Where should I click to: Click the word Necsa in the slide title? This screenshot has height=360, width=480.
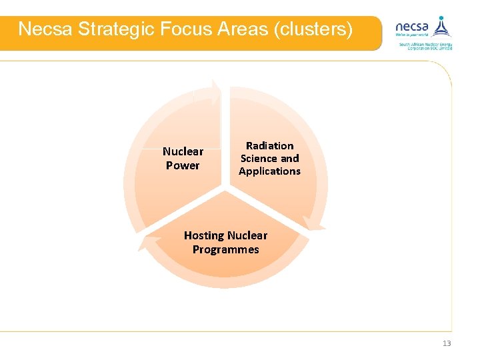(44, 29)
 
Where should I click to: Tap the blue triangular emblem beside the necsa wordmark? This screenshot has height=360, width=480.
(440, 26)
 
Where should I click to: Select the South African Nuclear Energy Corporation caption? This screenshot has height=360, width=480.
(425, 46)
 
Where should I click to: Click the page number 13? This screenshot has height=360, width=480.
(447, 343)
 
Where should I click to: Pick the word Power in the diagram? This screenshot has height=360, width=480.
(183, 165)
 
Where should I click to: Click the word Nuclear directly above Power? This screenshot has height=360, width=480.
(183, 151)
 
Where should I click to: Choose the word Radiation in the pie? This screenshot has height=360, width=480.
(269, 145)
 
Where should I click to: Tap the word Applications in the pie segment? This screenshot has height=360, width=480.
(269, 171)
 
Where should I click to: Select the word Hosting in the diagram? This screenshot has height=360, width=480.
(203, 235)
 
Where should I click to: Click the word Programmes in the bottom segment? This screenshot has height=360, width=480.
(225, 249)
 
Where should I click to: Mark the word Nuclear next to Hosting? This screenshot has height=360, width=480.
(247, 235)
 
